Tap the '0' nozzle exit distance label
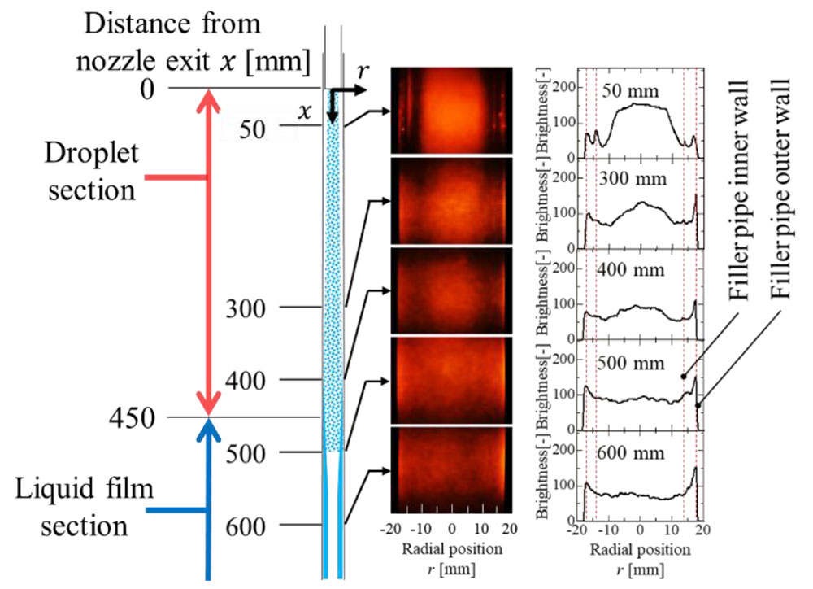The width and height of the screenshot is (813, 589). pyautogui.click(x=147, y=89)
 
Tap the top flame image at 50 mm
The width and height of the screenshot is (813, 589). pyautogui.click(x=450, y=110)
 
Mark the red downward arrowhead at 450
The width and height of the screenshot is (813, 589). pyautogui.click(x=210, y=403)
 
